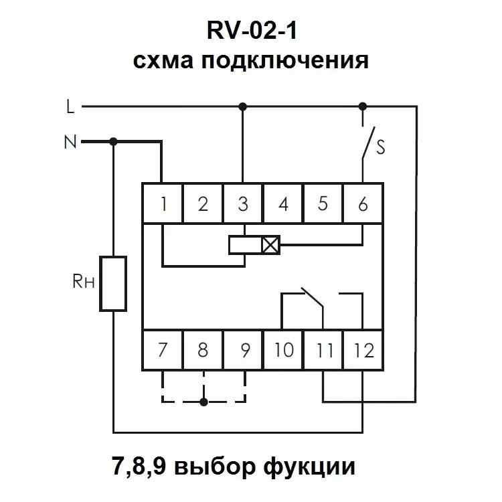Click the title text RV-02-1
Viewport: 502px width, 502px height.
[252, 30]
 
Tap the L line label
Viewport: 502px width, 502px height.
[70, 106]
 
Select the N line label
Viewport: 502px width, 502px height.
[70, 142]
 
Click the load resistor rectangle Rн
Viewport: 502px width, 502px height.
[113, 283]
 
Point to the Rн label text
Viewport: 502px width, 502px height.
[84, 281]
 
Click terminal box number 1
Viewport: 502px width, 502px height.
[163, 203]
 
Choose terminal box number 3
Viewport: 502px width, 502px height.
[243, 203]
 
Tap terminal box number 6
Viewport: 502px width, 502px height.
[363, 203]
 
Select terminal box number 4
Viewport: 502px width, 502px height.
[282, 203]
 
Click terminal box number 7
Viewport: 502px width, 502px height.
[163, 350]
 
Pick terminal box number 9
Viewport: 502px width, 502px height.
[243, 350]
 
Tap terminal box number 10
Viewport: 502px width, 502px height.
[282, 350]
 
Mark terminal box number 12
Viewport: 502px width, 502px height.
[363, 350]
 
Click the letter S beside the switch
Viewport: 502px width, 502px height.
[381, 147]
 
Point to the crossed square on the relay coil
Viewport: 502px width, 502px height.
[270, 245]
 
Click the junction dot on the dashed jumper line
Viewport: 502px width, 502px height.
[203, 402]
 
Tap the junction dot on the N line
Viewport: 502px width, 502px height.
[113, 141]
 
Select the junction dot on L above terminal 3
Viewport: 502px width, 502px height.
[243, 106]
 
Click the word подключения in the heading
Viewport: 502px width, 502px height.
[285, 61]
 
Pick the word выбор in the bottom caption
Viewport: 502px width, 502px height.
[215, 467]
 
